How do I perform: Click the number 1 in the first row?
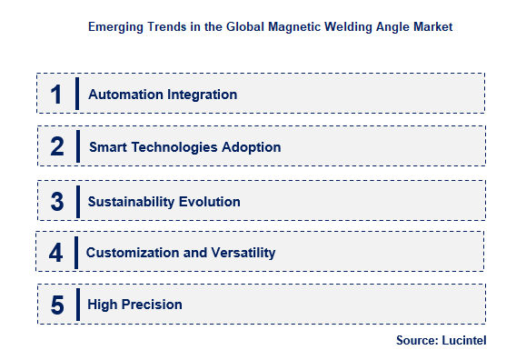[x=56, y=95]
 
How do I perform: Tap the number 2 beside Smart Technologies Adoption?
[x=57, y=146]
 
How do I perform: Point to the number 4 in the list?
[x=55, y=252]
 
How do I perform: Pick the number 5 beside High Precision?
[x=57, y=305]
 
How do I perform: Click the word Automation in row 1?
[x=125, y=95]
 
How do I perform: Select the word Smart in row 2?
[x=108, y=147]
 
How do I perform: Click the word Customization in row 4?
[x=132, y=253]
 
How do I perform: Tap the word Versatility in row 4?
[x=243, y=253]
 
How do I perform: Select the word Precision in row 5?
[x=152, y=305]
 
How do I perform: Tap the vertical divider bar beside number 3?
[x=77, y=201]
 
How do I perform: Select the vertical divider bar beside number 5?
[x=77, y=304]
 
